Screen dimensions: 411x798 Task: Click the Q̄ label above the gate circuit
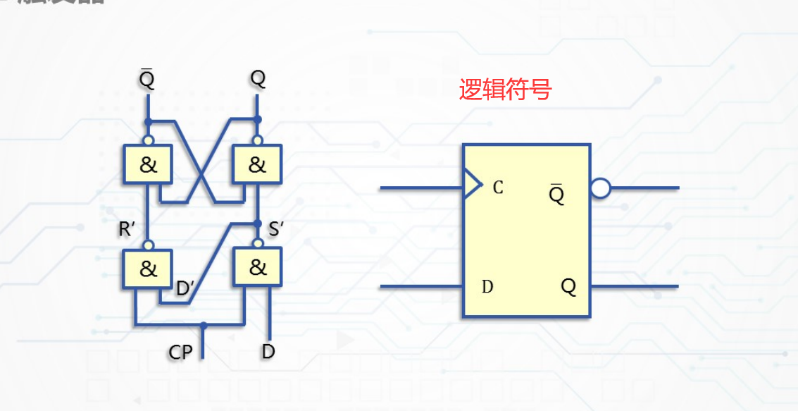click(x=146, y=79)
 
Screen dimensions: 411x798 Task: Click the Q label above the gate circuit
click(x=258, y=79)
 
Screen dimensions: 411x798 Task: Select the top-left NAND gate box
click(x=149, y=165)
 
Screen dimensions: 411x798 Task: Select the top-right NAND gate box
click(x=258, y=165)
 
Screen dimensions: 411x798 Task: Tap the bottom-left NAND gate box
click(x=149, y=269)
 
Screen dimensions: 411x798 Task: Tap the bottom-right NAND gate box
click(x=258, y=267)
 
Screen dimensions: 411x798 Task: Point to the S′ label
click(x=276, y=230)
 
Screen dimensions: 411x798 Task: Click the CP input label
click(x=180, y=352)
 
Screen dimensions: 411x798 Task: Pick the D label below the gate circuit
click(x=268, y=351)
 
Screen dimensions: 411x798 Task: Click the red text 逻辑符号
click(x=505, y=90)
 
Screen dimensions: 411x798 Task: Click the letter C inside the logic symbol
click(x=498, y=188)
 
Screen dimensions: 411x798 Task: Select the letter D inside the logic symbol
click(x=487, y=287)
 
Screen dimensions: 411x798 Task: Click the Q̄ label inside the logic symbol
click(x=557, y=194)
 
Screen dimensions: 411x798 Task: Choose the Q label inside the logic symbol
click(x=568, y=287)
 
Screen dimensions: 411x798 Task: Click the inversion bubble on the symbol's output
click(x=600, y=188)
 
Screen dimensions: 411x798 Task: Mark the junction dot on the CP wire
click(x=203, y=326)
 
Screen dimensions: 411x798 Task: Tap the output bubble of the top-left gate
click(x=149, y=140)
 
